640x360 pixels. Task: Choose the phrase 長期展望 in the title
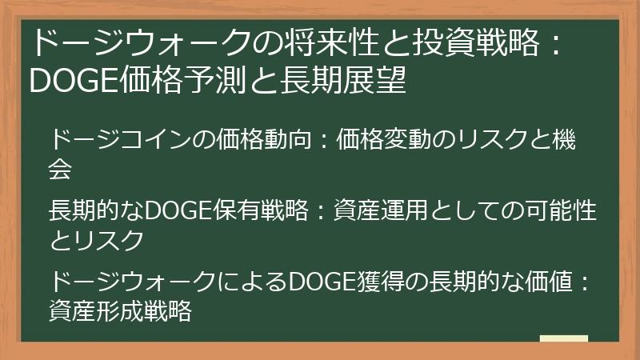point(355,80)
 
